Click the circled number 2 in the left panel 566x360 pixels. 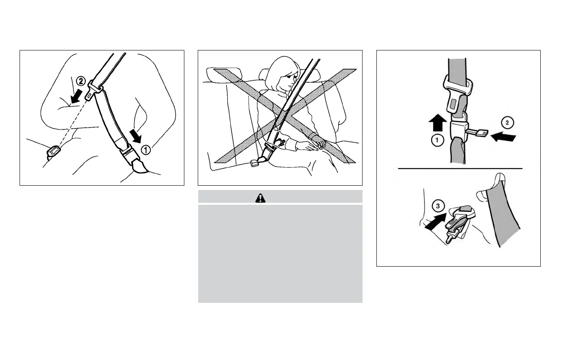point(81,81)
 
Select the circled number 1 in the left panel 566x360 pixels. point(146,149)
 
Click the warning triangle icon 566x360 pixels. point(261,197)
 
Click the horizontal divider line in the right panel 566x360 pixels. point(460,169)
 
